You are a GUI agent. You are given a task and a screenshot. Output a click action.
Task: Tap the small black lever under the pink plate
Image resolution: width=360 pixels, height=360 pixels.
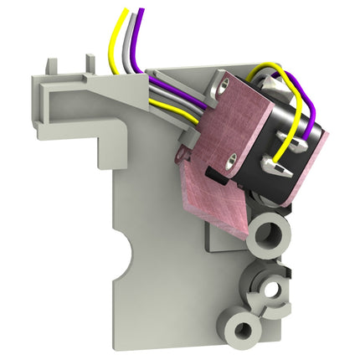216,175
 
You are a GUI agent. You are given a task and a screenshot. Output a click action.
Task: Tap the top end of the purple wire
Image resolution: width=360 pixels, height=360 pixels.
140,10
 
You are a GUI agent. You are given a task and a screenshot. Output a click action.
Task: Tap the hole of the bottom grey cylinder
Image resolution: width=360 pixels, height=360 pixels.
244,328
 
